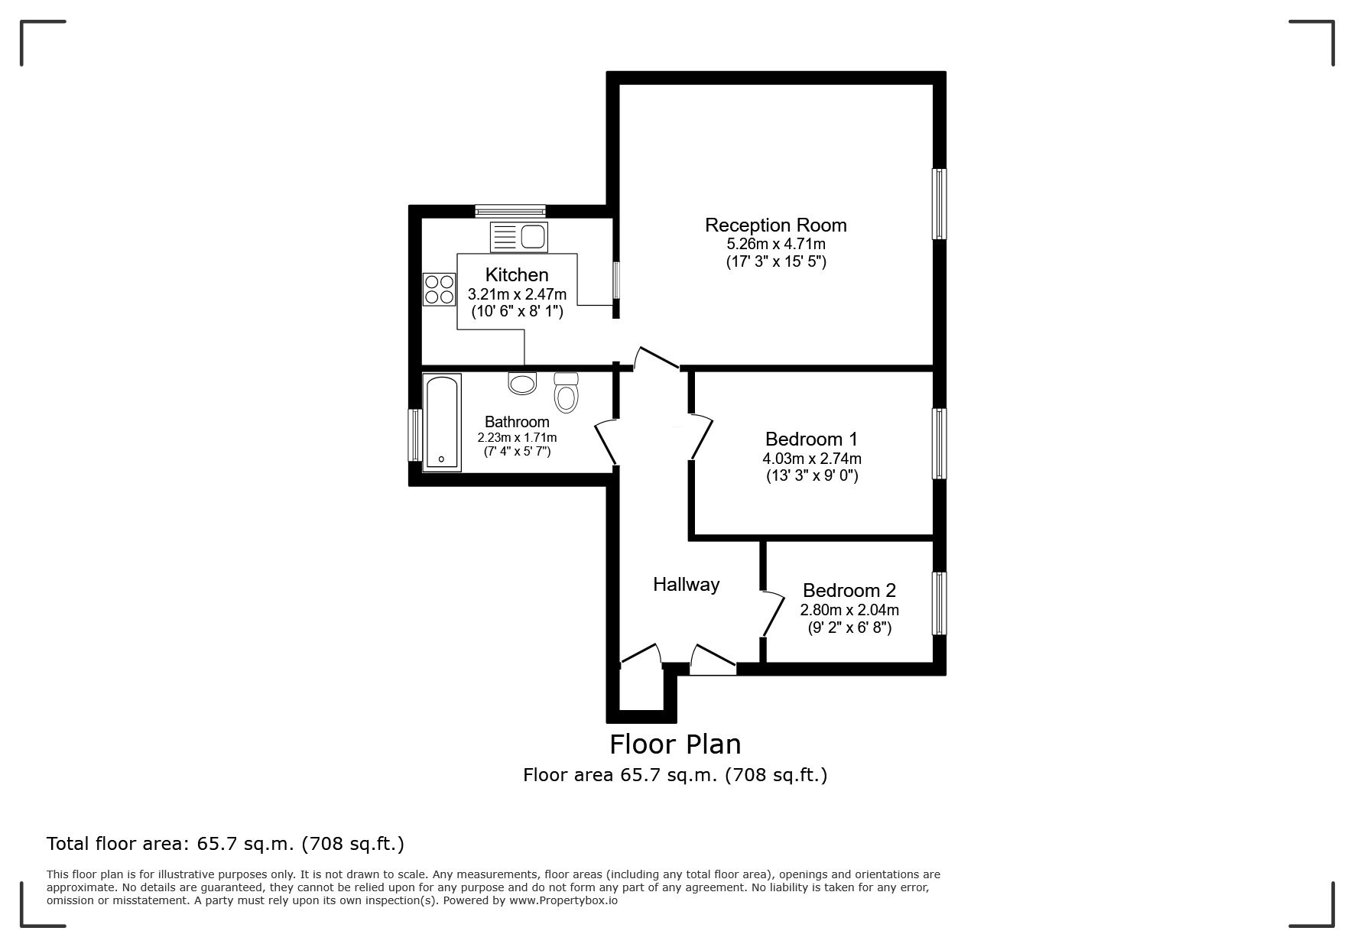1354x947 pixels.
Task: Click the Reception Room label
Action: point(775,225)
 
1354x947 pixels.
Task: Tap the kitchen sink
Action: point(518,237)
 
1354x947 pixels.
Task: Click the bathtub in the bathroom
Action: point(442,422)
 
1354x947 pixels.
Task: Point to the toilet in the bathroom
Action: point(566,392)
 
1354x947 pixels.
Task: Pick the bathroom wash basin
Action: point(523,383)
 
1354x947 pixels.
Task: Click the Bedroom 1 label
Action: point(811,439)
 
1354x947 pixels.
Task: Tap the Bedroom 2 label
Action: point(849,591)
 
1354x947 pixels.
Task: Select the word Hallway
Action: point(686,585)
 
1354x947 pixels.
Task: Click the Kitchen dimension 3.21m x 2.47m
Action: point(517,294)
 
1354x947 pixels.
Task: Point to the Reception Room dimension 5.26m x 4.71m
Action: point(776,245)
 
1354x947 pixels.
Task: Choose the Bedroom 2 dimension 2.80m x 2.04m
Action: point(849,610)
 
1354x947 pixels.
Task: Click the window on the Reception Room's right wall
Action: point(939,204)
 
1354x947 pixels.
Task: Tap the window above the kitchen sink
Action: point(510,211)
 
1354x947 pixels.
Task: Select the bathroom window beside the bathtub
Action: point(415,435)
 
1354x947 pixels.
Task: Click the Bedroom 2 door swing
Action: point(773,613)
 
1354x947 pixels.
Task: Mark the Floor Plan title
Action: point(675,744)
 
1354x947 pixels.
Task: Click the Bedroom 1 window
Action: point(939,443)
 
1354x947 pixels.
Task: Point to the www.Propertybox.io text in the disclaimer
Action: point(563,900)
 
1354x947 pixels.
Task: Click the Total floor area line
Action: point(226,844)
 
